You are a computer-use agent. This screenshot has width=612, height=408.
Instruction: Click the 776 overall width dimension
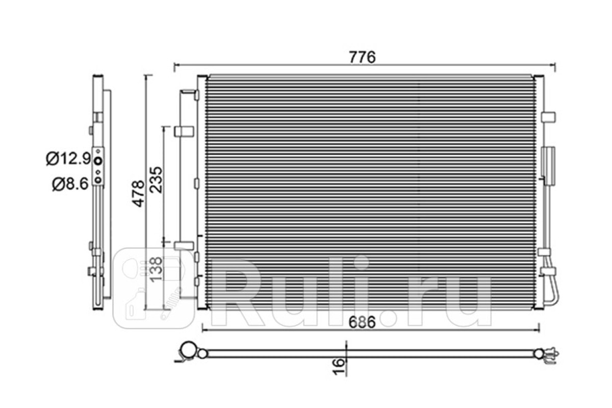pos(363,58)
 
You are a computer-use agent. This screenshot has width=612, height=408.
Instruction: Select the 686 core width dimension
pos(362,322)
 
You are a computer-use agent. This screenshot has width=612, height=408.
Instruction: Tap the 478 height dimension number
pos(139,193)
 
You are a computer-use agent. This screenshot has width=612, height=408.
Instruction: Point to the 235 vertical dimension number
pos(156,180)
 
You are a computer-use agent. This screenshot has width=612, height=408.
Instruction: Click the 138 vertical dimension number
pos(156,269)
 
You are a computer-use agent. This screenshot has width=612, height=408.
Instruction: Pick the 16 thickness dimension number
pos(339,367)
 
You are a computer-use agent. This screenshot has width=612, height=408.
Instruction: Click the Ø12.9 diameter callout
pos(68,159)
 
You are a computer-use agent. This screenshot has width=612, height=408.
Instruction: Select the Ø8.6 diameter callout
pos(70,184)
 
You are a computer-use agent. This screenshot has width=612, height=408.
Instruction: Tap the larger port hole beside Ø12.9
pos(98,161)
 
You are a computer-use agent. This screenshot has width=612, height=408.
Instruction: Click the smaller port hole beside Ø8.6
pos(98,180)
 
